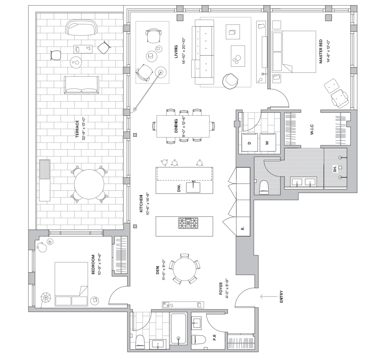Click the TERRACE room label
point(77,129)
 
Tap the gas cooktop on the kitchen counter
point(188,223)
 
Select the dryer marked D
point(249,142)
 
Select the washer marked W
point(268,142)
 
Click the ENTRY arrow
point(269,297)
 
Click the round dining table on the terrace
point(89,184)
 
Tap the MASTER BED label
point(321,51)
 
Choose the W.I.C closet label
point(312,129)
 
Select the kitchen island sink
point(193,187)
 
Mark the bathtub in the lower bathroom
point(178,329)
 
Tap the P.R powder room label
point(215,338)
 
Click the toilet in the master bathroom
point(264,187)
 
